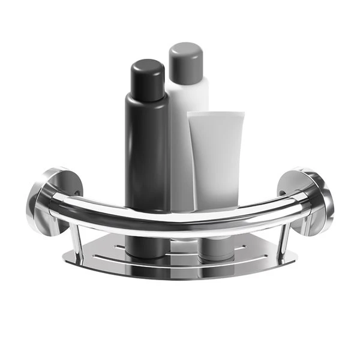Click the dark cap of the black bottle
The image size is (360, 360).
pyautogui.click(x=147, y=77)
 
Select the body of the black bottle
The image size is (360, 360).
pyautogui.click(x=146, y=150)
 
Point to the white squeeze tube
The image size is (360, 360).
pyautogui.click(x=215, y=156)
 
